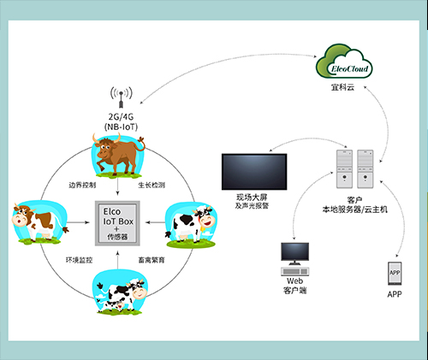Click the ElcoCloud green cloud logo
point(344,62)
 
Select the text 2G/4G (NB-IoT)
point(121,121)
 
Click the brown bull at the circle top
point(118,156)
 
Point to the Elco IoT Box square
point(117,223)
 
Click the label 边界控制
point(82,185)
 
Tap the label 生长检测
point(152,185)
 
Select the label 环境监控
point(79,260)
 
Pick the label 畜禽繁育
point(152,260)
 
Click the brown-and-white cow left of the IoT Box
point(40,222)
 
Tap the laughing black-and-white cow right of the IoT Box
point(191,225)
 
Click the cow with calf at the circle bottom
point(120,292)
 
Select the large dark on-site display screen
point(254,172)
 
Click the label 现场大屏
point(252,197)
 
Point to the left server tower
point(344,168)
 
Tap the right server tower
point(366,168)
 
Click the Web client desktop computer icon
point(294,259)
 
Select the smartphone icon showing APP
point(395,274)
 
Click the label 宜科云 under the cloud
point(342,87)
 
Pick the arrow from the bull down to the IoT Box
point(117,187)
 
